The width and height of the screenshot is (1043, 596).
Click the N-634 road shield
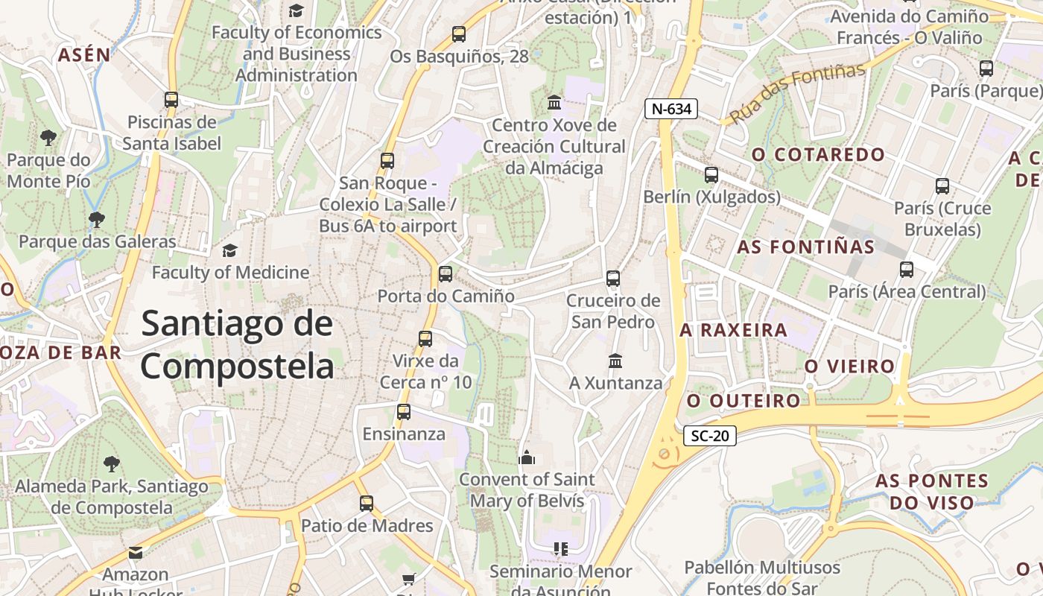pyautogui.click(x=671, y=109)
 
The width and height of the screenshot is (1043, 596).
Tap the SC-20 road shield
pyautogui.click(x=709, y=436)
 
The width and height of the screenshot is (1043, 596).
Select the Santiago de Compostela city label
pyautogui.click(x=237, y=345)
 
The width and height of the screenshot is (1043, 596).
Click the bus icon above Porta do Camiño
pyautogui.click(x=446, y=273)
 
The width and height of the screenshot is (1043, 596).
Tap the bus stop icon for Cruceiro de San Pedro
pyautogui.click(x=613, y=279)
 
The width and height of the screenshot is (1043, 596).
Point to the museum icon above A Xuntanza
pyautogui.click(x=615, y=361)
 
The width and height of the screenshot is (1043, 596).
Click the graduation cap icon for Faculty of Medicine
pyautogui.click(x=230, y=250)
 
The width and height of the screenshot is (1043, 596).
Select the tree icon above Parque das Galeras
pyautogui.click(x=97, y=219)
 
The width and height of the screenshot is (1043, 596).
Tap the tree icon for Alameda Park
pyautogui.click(x=112, y=464)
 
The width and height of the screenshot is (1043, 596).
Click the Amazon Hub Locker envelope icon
pyautogui.click(x=135, y=552)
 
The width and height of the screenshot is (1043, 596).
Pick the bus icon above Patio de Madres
pyautogui.click(x=367, y=503)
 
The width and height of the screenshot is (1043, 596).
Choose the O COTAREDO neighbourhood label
pyautogui.click(x=818, y=155)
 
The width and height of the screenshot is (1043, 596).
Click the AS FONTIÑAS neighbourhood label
pyautogui.click(x=805, y=247)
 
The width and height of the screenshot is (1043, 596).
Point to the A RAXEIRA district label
pyautogui.click(x=733, y=329)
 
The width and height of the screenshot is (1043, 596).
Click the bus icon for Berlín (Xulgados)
pyautogui.click(x=711, y=175)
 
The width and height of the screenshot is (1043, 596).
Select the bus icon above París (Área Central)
pyautogui.click(x=907, y=270)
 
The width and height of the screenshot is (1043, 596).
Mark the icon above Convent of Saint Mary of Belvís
pyautogui.click(x=527, y=457)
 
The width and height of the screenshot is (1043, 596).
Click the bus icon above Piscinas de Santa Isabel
pyautogui.click(x=171, y=100)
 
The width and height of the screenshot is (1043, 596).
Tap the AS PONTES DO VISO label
pyautogui.click(x=931, y=492)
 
